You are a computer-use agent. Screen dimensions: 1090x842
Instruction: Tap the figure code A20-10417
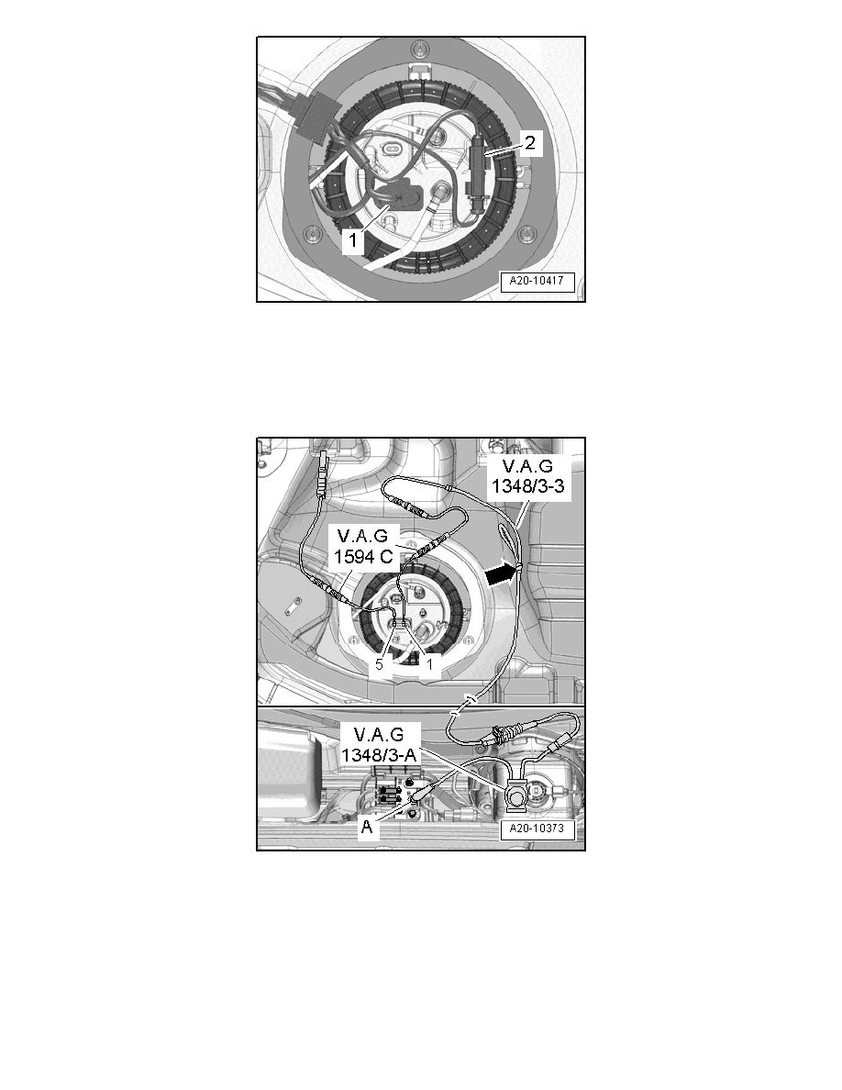[537, 283]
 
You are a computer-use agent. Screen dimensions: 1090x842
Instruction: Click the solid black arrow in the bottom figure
[500, 573]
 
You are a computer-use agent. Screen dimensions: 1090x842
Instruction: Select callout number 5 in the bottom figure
[380, 664]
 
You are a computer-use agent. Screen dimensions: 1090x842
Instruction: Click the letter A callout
[367, 825]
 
